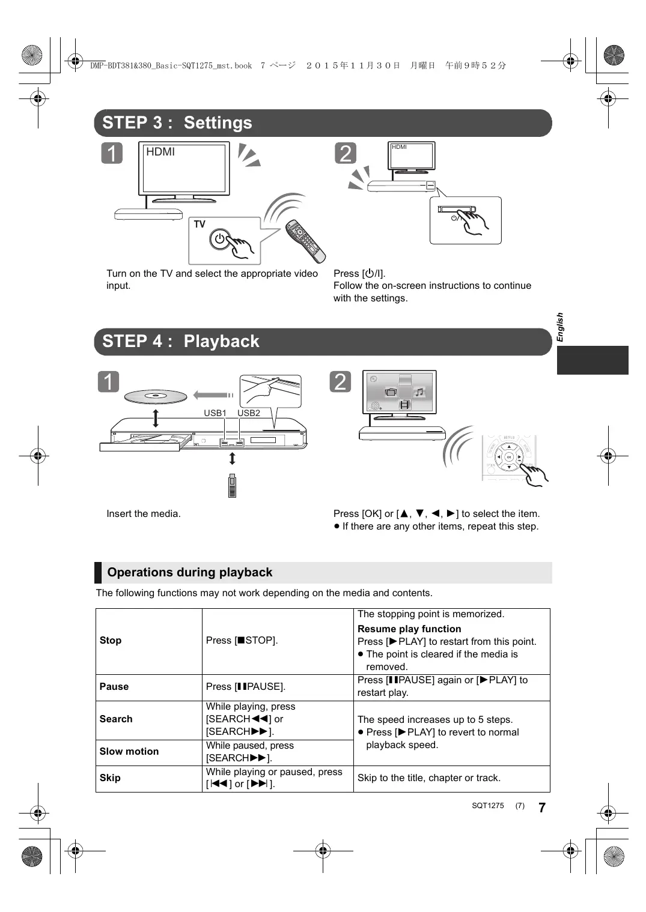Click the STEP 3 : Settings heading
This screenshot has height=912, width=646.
pyautogui.click(x=177, y=123)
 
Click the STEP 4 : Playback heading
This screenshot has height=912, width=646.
pyautogui.click(x=180, y=342)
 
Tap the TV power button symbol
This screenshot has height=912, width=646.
pyautogui.click(x=220, y=239)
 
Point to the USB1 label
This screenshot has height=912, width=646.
pyautogui.click(x=215, y=413)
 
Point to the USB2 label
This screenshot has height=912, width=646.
pyautogui.click(x=249, y=413)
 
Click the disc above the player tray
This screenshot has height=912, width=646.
pyautogui.click(x=156, y=396)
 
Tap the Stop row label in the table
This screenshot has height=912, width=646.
pyautogui.click(x=111, y=641)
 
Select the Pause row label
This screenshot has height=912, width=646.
pyautogui.click(x=114, y=687)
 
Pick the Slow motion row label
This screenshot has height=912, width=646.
pyautogui.click(x=129, y=752)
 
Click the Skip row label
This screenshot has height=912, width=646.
pyautogui.click(x=110, y=778)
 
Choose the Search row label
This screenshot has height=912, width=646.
pyautogui.click(x=116, y=719)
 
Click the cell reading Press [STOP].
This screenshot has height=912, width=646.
pyautogui.click(x=242, y=641)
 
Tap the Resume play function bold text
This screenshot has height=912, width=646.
pyautogui.click(x=409, y=629)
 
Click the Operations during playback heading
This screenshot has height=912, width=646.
pyautogui.click(x=190, y=573)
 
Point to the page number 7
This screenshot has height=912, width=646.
pyautogui.click(x=542, y=808)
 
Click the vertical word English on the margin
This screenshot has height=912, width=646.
pyautogui.click(x=560, y=327)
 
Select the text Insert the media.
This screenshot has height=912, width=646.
pyautogui.click(x=144, y=514)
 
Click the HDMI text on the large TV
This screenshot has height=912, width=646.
pyautogui.click(x=160, y=153)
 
